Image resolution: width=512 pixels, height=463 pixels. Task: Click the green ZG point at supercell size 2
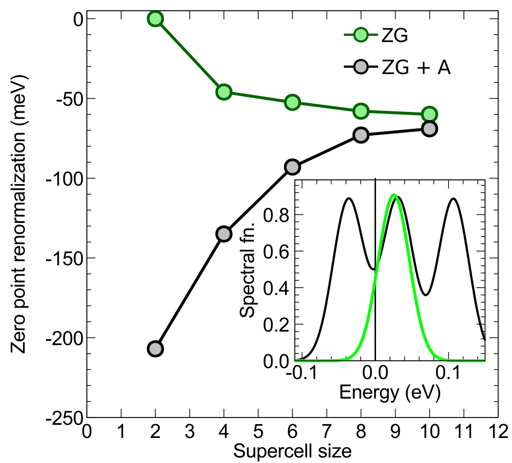coord(155,19)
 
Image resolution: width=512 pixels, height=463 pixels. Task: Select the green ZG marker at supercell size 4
coord(224,92)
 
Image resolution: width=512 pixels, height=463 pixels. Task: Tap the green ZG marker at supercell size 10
coord(429,114)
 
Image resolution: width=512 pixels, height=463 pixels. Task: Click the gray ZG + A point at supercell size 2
coord(155,349)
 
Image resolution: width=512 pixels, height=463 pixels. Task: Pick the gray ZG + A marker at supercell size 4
coord(224,234)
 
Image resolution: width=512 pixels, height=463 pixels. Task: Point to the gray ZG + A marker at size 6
coord(292,167)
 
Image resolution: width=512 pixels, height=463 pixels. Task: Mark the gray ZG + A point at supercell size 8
coord(361,135)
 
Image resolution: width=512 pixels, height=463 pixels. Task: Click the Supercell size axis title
coord(292,451)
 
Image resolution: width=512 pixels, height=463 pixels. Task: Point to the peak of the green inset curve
coord(393,195)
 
